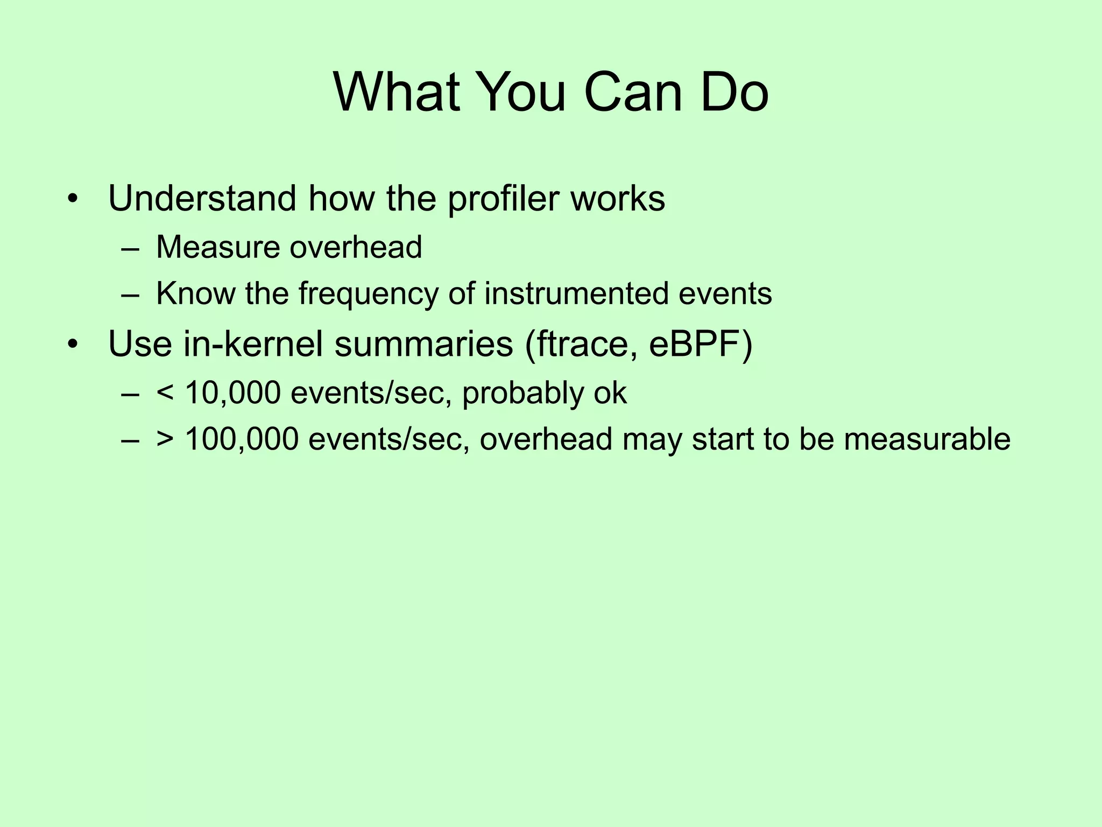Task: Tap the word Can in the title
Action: pyautogui.click(x=633, y=93)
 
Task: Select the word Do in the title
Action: pyautogui.click(x=734, y=93)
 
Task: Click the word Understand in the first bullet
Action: pyautogui.click(x=202, y=198)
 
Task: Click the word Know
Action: pyautogui.click(x=195, y=293)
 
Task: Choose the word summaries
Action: pyautogui.click(x=424, y=344)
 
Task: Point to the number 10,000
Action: pyautogui.click(x=232, y=393)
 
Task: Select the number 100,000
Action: pyautogui.click(x=242, y=439)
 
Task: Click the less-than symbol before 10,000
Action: pyautogui.click(x=165, y=394)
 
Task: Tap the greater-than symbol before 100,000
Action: pyautogui.click(x=165, y=440)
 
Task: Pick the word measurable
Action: pyautogui.click(x=927, y=439)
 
